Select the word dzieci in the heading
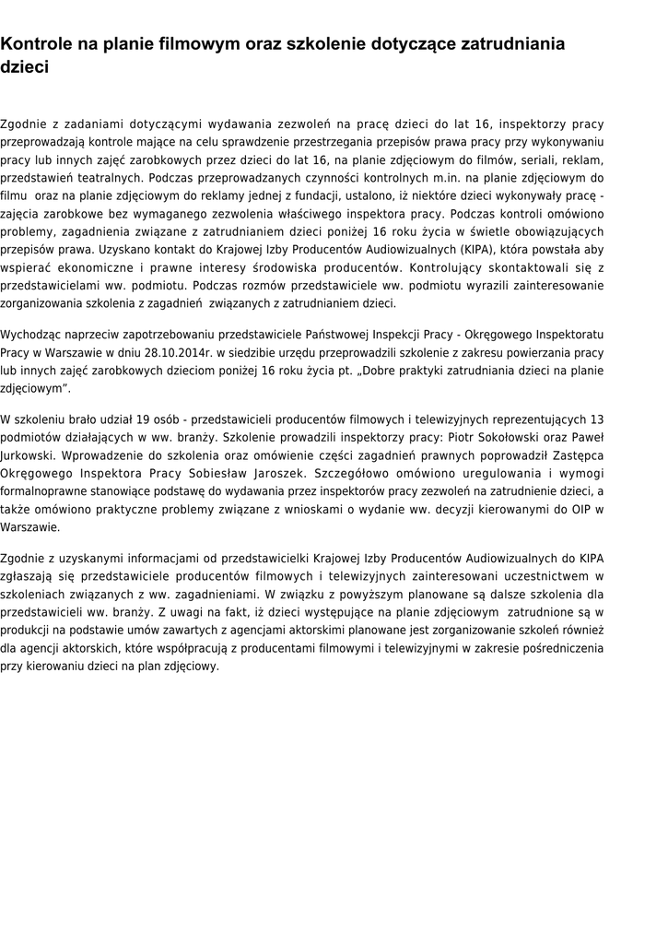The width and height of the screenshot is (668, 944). point(25,67)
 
